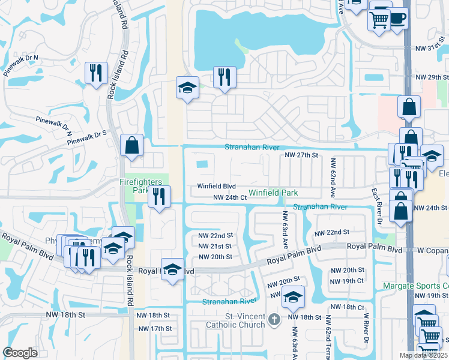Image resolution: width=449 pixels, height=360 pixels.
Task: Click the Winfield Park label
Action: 273,193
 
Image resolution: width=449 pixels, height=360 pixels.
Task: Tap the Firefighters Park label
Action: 133,185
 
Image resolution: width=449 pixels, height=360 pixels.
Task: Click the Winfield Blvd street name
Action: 216,186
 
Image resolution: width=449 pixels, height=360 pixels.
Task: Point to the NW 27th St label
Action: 300,155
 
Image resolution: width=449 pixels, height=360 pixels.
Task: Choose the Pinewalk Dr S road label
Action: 86,137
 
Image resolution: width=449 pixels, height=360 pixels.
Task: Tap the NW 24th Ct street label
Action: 231,197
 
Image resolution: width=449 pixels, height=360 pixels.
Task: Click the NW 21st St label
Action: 215,247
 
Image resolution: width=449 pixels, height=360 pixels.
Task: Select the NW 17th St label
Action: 154,329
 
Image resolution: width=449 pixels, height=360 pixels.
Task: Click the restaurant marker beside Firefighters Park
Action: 160,196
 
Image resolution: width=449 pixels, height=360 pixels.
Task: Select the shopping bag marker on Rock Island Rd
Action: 131,145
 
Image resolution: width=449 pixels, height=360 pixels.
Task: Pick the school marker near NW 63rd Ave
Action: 293,296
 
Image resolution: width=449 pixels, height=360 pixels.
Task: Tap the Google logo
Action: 20,353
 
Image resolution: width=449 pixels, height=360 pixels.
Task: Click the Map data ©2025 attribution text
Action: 423,355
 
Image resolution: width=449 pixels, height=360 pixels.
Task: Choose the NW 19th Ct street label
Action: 348,281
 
